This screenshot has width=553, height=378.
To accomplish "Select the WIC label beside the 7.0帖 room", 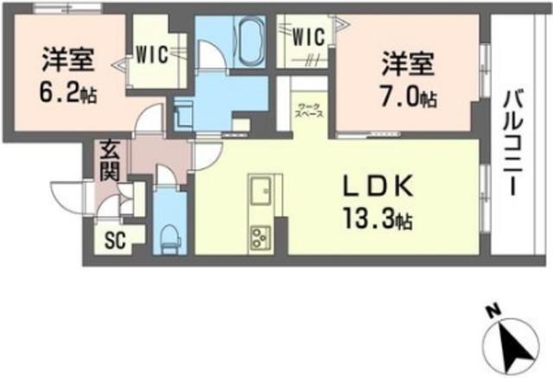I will pyautogui.click(x=307, y=37).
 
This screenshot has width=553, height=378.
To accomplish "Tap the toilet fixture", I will pyautogui.click(x=169, y=234).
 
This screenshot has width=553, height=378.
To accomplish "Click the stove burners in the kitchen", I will pyautogui.click(x=260, y=235).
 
